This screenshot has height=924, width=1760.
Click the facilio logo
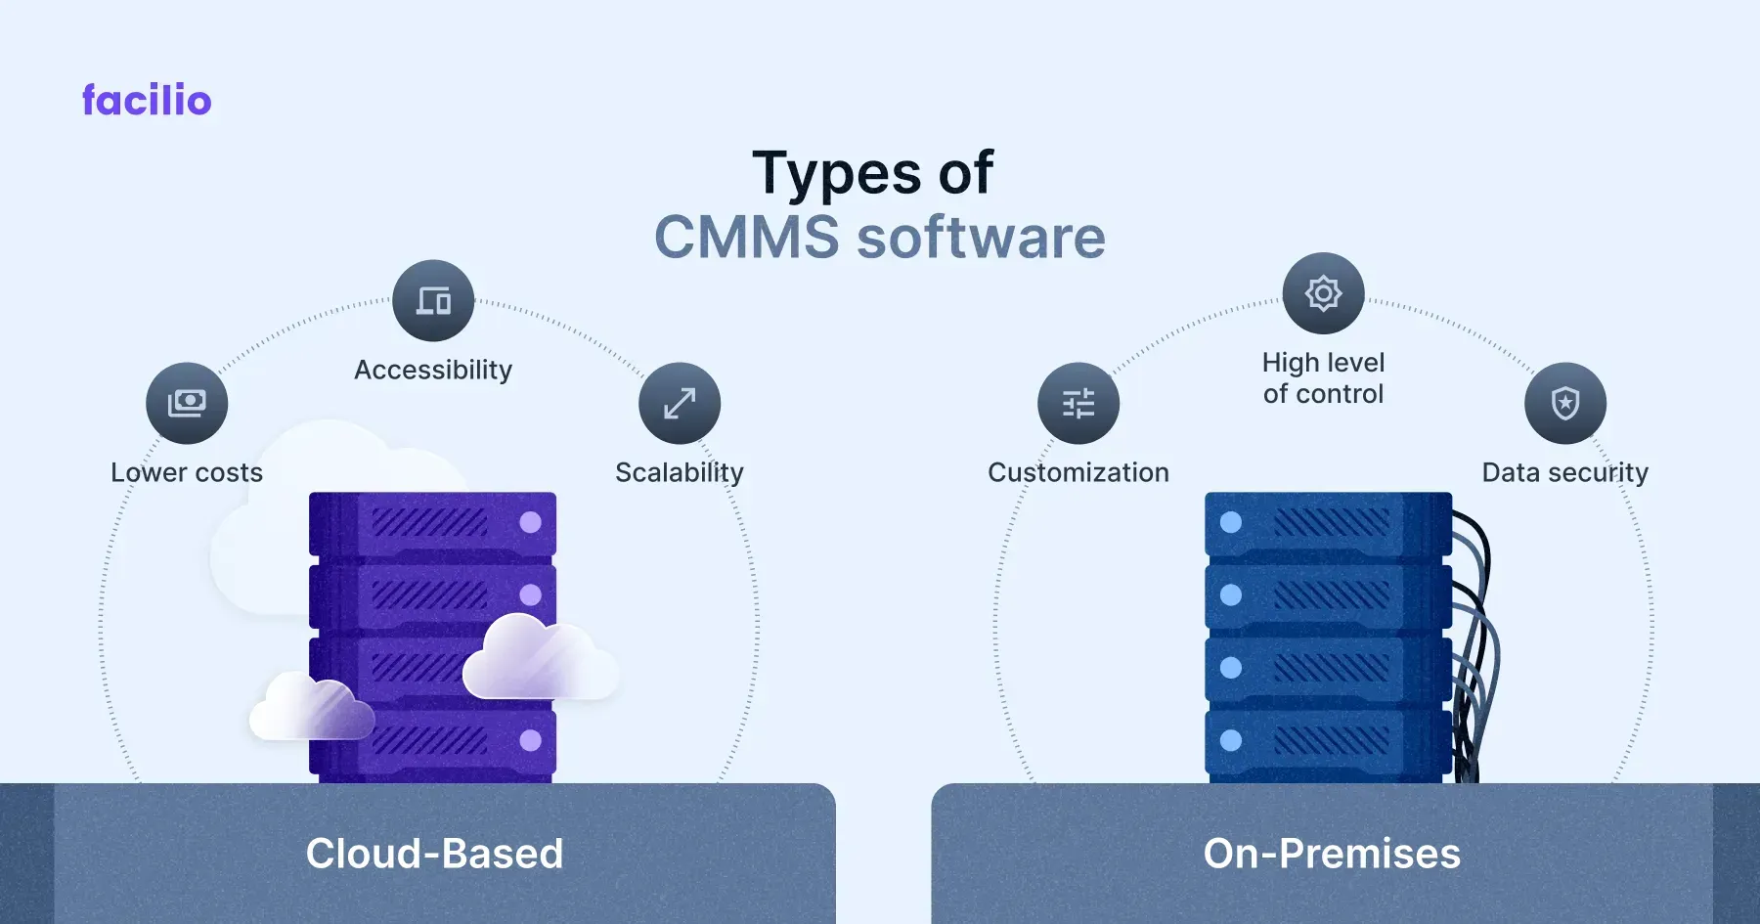[x=147, y=100]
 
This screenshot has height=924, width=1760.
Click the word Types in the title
[x=836, y=174]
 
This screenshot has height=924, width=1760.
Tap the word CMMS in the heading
[x=746, y=238]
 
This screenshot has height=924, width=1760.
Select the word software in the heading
[x=981, y=238]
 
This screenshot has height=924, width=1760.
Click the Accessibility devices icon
[x=433, y=300]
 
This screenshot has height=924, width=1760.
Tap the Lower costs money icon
[x=187, y=403]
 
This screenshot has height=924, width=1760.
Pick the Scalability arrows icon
[x=680, y=403]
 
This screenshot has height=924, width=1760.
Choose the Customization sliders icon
[x=1078, y=403]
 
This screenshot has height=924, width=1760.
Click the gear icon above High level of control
[x=1323, y=293]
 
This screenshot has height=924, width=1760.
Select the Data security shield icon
[x=1565, y=403]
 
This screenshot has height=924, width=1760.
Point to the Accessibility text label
[x=433, y=370]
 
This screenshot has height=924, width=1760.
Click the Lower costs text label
[x=187, y=472]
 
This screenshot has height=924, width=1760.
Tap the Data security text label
[x=1564, y=472]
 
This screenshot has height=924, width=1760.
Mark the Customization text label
[x=1078, y=472]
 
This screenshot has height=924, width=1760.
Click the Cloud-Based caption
[x=434, y=854]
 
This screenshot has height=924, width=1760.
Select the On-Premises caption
[x=1332, y=854]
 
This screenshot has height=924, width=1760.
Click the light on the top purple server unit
[x=531, y=522]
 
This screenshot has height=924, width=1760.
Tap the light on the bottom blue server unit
[x=1231, y=740]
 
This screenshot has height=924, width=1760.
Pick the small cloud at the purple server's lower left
[x=311, y=708]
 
